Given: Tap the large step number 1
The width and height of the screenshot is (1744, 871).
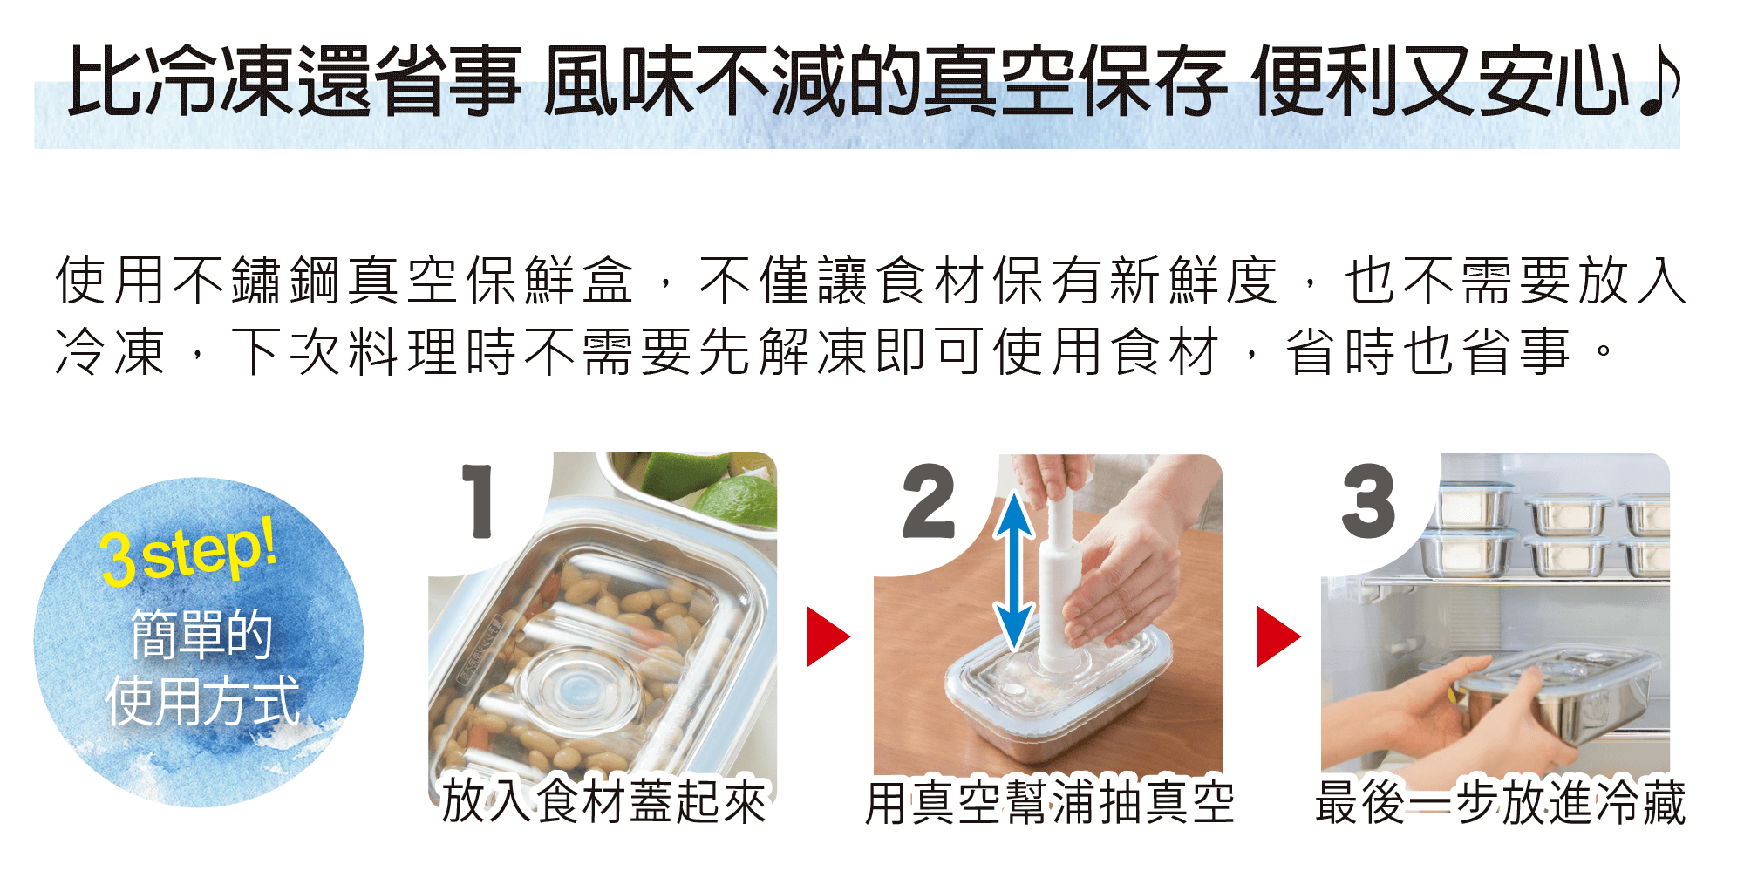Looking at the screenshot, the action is tap(479, 501).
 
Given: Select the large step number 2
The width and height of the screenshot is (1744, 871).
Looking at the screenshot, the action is tap(930, 500).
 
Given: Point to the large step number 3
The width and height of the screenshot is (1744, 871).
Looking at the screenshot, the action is tap(1368, 500).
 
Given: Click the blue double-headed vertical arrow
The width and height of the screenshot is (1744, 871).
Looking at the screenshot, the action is tap(1014, 571).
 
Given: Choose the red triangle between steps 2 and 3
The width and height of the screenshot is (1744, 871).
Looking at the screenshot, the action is tap(1278, 636).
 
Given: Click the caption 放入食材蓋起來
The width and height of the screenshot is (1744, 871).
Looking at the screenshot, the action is tap(603, 801).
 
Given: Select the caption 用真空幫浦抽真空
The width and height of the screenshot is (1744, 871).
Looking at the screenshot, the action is tap(1049, 802).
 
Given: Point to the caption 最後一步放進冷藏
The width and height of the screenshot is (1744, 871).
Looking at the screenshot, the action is tap(1500, 802).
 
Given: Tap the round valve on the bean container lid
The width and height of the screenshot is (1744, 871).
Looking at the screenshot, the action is tap(579, 689).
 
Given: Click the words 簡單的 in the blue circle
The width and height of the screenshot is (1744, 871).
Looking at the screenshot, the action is tap(201, 634).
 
